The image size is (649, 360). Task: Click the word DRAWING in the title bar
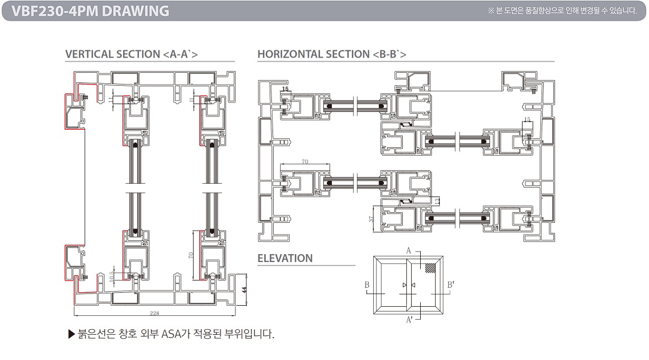136,11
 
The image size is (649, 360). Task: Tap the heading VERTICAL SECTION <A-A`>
131,54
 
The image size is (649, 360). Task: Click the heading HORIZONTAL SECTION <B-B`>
332,54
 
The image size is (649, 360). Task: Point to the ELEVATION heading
285,258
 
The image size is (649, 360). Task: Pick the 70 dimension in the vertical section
190,255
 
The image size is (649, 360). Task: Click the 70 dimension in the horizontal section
305,162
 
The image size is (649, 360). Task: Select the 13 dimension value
437,200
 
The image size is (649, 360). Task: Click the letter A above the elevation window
408,251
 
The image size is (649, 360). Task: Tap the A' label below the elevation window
410,320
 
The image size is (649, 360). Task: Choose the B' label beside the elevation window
450,285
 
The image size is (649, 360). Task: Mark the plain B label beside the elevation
367,285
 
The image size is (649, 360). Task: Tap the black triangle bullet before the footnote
70,335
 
